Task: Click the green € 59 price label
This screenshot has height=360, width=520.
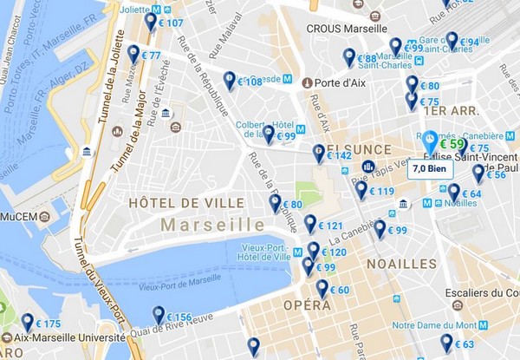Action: click(452, 143)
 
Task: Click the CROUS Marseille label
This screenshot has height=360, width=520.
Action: click(347, 28)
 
